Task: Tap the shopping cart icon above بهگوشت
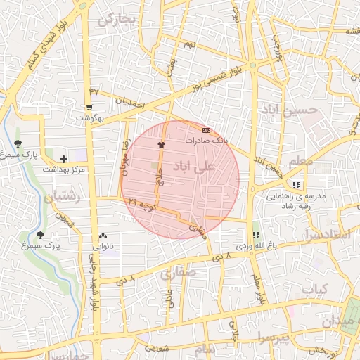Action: tap(89, 108)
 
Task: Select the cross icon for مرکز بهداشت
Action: tap(64, 160)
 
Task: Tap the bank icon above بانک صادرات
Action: tap(206, 130)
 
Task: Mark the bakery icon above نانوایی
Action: tap(103, 237)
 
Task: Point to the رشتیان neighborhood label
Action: tap(63, 198)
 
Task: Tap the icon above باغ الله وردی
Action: tap(255, 236)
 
